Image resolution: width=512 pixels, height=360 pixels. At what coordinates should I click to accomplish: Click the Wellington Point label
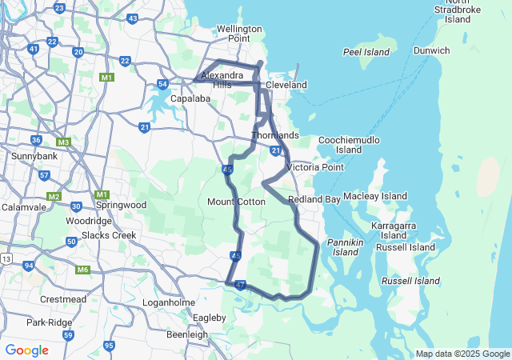point(239,34)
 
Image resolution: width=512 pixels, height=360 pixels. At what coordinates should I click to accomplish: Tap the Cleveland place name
point(286,85)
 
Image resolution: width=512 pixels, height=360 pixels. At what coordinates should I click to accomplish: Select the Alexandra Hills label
point(216,80)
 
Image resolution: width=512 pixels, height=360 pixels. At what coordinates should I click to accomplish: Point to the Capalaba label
point(190,99)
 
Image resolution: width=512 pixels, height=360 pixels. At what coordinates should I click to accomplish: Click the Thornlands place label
point(275,135)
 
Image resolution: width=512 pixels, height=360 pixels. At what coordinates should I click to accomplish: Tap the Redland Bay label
point(314,198)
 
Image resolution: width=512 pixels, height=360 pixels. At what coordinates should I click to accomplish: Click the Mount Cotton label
point(236,202)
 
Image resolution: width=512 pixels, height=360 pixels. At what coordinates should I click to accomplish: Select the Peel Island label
point(366,52)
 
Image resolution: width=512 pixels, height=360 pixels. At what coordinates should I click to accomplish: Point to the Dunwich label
point(431,50)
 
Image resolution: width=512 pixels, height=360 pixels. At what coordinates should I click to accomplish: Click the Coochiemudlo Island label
point(349,145)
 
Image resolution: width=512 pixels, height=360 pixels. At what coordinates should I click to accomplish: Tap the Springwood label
point(124,205)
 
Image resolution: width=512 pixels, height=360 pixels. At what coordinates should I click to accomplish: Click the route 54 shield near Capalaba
point(162,84)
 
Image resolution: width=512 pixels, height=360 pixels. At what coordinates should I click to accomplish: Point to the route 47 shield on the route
point(240,284)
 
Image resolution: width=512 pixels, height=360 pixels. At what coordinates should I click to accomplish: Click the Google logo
point(26,350)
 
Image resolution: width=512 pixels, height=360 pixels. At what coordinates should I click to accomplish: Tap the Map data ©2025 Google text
point(462,354)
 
